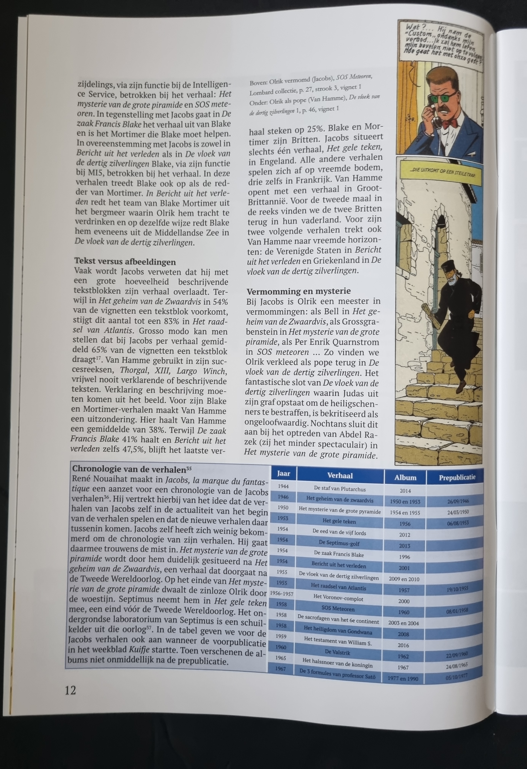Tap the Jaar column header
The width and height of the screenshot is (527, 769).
point(283,474)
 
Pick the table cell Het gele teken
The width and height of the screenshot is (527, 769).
point(339,521)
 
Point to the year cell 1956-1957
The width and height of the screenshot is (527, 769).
point(282,594)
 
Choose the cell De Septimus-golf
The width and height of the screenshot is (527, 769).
point(339,543)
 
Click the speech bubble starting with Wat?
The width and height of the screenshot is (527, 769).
point(440,41)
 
